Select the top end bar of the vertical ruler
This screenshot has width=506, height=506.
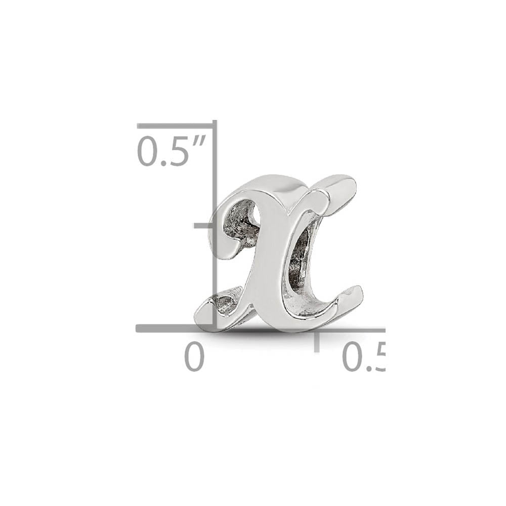pyautogui.click(x=175, y=124)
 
